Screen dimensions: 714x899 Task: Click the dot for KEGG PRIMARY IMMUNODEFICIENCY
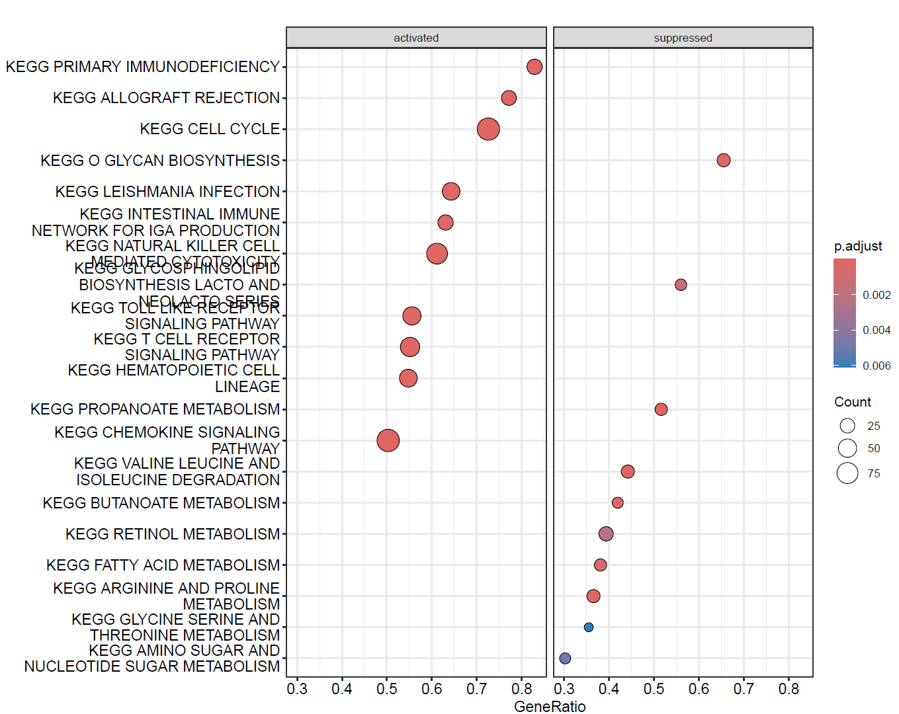tap(535, 67)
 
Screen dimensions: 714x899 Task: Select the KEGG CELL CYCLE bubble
tap(488, 129)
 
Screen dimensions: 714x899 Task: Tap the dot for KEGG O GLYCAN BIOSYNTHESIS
tap(724, 160)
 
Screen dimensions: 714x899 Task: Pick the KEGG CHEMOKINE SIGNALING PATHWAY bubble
tap(388, 440)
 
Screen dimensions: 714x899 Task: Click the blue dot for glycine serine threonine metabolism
tap(589, 627)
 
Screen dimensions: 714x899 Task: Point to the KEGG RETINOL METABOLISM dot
tap(606, 534)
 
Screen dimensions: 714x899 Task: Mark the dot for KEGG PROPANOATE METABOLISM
tap(661, 409)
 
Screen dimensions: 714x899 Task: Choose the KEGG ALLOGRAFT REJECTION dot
tap(509, 98)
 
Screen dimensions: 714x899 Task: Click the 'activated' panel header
tap(416, 38)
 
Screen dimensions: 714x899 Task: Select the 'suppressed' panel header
tap(683, 38)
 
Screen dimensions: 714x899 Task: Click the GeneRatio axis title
tap(550, 707)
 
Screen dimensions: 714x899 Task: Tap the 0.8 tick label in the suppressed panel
tap(789, 689)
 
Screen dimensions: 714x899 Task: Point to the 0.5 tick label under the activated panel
tap(387, 689)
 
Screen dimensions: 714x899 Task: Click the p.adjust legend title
tap(858, 246)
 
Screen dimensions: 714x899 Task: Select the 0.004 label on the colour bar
tap(877, 330)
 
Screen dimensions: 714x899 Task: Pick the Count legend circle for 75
tap(847, 473)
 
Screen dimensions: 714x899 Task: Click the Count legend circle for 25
tap(847, 426)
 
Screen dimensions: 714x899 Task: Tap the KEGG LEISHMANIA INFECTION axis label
tap(167, 192)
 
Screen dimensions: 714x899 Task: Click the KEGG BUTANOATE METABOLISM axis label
tap(161, 503)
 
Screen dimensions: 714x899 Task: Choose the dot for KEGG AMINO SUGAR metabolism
tap(565, 658)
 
